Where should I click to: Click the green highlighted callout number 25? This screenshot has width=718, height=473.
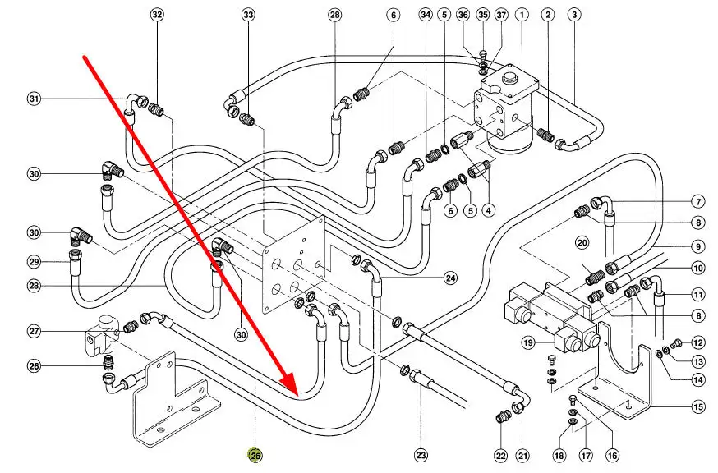click(x=255, y=455)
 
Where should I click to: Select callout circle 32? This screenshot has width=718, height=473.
click(x=157, y=15)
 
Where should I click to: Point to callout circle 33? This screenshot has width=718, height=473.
click(x=249, y=15)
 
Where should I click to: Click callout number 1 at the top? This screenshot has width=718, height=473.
click(x=521, y=15)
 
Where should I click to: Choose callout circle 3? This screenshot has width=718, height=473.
click(x=574, y=15)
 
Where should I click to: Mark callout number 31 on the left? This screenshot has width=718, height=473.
click(x=34, y=99)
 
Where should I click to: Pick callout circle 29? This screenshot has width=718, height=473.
click(x=34, y=262)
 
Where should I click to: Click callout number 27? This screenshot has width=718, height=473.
click(x=34, y=332)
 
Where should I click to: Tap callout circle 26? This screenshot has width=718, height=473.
click(x=34, y=365)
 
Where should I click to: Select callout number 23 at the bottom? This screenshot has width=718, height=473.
click(x=421, y=455)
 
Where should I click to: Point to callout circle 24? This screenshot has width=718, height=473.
click(x=450, y=278)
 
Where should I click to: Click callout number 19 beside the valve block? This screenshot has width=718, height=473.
click(x=528, y=342)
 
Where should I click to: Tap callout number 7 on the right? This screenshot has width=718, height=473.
click(x=698, y=201)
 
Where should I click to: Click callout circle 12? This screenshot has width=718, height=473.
click(x=698, y=342)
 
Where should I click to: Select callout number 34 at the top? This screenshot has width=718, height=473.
click(x=425, y=15)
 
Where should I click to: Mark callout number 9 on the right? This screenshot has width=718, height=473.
click(x=698, y=246)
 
